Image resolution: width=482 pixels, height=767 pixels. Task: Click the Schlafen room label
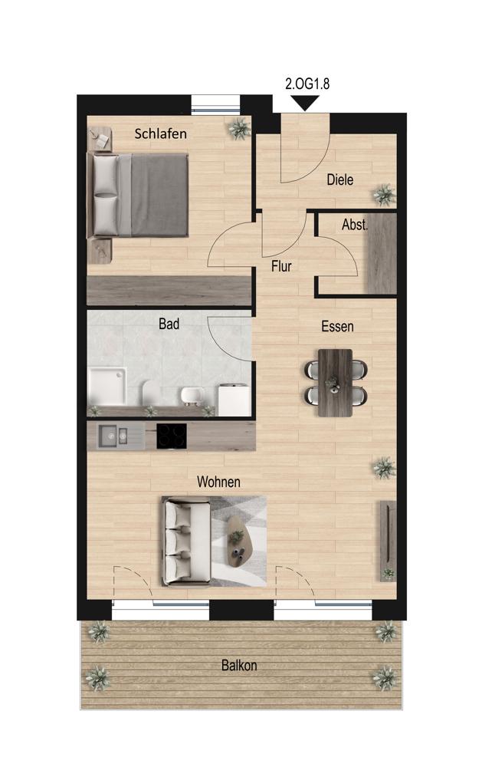[x=160, y=133]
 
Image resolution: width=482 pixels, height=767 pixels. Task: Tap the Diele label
[x=339, y=179]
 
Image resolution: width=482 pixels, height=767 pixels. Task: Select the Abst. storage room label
[x=354, y=225]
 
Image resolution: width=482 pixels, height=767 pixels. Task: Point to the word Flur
[x=281, y=266]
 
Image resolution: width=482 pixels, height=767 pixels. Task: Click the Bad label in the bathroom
[x=169, y=324]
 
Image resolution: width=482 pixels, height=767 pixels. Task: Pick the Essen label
[x=337, y=326]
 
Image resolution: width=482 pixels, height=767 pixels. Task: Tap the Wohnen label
[x=218, y=482]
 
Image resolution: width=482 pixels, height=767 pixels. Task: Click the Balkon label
[x=239, y=665]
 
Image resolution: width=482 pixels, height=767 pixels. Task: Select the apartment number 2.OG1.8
[x=307, y=84]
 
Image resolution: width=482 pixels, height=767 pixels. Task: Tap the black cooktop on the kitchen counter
[x=172, y=436]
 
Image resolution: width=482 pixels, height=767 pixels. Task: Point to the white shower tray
[x=107, y=387]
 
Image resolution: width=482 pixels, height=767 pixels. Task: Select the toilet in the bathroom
[x=149, y=393]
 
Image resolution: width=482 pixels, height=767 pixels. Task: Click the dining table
[x=335, y=383]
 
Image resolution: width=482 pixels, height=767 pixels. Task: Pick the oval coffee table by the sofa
[x=238, y=542]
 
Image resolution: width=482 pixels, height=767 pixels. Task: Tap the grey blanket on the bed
[x=159, y=195]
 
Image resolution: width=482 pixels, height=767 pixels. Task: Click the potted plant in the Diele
[x=384, y=195]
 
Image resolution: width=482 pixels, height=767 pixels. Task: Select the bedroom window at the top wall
[x=215, y=104]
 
